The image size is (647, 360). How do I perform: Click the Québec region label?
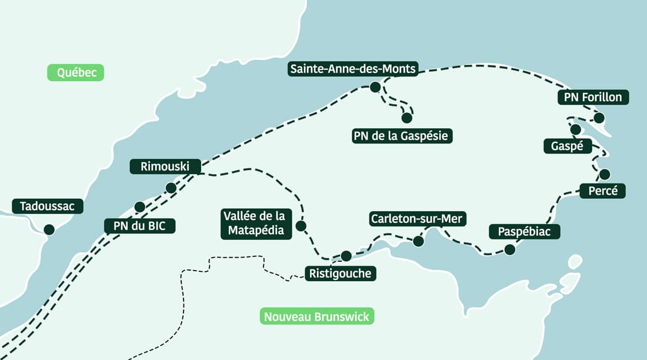tap(75, 72)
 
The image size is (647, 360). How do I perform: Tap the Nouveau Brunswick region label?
tap(316, 316)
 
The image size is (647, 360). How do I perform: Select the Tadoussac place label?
tap(48, 206)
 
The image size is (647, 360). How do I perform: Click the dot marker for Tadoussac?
tap(49, 229)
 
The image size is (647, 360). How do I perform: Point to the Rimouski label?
tap(165, 166)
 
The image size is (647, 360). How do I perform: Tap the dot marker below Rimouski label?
tap(171, 188)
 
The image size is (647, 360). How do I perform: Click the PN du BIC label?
tap(139, 225)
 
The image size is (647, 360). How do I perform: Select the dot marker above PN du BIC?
tap(139, 206)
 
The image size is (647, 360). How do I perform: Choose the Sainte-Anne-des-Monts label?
tap(353, 69)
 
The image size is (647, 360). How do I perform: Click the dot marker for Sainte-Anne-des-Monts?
tap(375, 88)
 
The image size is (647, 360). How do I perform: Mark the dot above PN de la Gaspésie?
tap(406, 118)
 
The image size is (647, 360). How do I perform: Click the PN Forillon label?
tap(593, 97)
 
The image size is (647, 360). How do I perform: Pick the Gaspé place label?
tap(568, 146)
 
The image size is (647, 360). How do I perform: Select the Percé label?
tap(602, 191)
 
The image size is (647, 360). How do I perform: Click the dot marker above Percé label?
tap(605, 174)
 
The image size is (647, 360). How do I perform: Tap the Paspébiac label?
tap(524, 231)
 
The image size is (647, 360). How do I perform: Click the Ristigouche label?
tap(341, 274)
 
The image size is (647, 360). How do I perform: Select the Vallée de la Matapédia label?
tap(256, 224)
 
